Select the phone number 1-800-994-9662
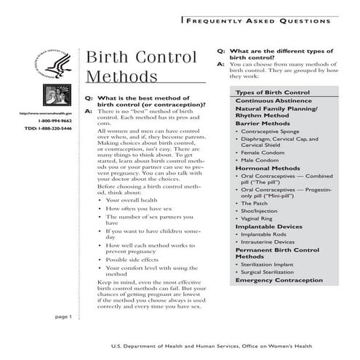(x=55, y=121)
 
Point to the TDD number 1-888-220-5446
(x=52, y=129)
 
